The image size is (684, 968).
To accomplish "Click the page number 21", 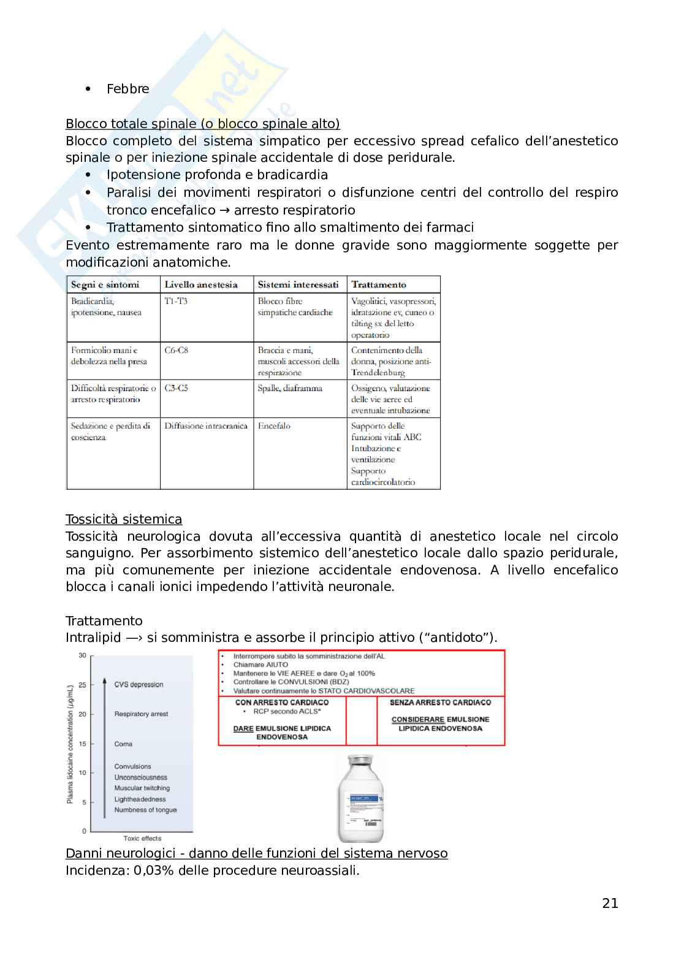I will point(610,903).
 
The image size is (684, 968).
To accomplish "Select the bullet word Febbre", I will point(127,89).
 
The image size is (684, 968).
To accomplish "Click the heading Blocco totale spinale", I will point(202,124).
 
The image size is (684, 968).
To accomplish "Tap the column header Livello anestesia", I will point(201,284).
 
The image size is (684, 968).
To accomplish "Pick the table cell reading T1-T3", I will point(176,301).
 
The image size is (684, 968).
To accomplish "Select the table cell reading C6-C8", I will point(177,350).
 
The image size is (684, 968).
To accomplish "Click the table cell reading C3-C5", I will point(177,388).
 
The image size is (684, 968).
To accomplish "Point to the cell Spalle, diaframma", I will point(290,388).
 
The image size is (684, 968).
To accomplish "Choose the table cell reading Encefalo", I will point(274,425).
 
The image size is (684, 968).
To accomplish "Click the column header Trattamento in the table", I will point(379,284).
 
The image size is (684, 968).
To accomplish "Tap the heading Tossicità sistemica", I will point(124,519).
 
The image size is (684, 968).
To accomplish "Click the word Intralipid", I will point(93,638).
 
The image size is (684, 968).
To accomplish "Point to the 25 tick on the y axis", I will point(82,685).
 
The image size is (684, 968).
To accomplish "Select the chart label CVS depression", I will point(139,685).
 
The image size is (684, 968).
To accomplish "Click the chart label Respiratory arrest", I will point(141,714).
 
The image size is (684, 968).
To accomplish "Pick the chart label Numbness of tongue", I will point(145,810).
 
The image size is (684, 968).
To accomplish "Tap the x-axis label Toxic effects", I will point(142,838).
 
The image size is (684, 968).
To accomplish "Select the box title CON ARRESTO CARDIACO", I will point(282,703).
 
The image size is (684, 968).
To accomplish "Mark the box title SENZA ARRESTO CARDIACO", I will point(441,703).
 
